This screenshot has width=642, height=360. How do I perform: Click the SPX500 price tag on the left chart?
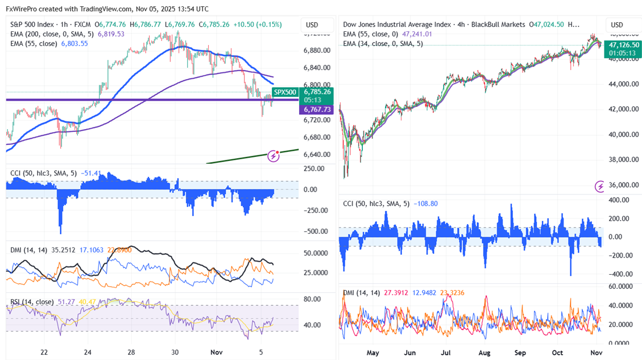pos(285,92)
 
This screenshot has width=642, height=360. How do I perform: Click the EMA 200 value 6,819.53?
pos(111,34)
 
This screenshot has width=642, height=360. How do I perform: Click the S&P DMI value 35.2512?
pos(62,249)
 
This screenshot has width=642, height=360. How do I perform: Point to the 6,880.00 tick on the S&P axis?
pos(316,51)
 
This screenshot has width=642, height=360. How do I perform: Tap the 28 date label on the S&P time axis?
pos(131,353)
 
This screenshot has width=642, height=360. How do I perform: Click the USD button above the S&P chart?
pos(312,25)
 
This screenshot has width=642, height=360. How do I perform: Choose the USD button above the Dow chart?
pos(617,25)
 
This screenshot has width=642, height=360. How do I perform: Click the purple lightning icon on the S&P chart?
pos(275,155)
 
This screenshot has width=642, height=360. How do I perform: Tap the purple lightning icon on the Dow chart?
pos(599,186)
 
